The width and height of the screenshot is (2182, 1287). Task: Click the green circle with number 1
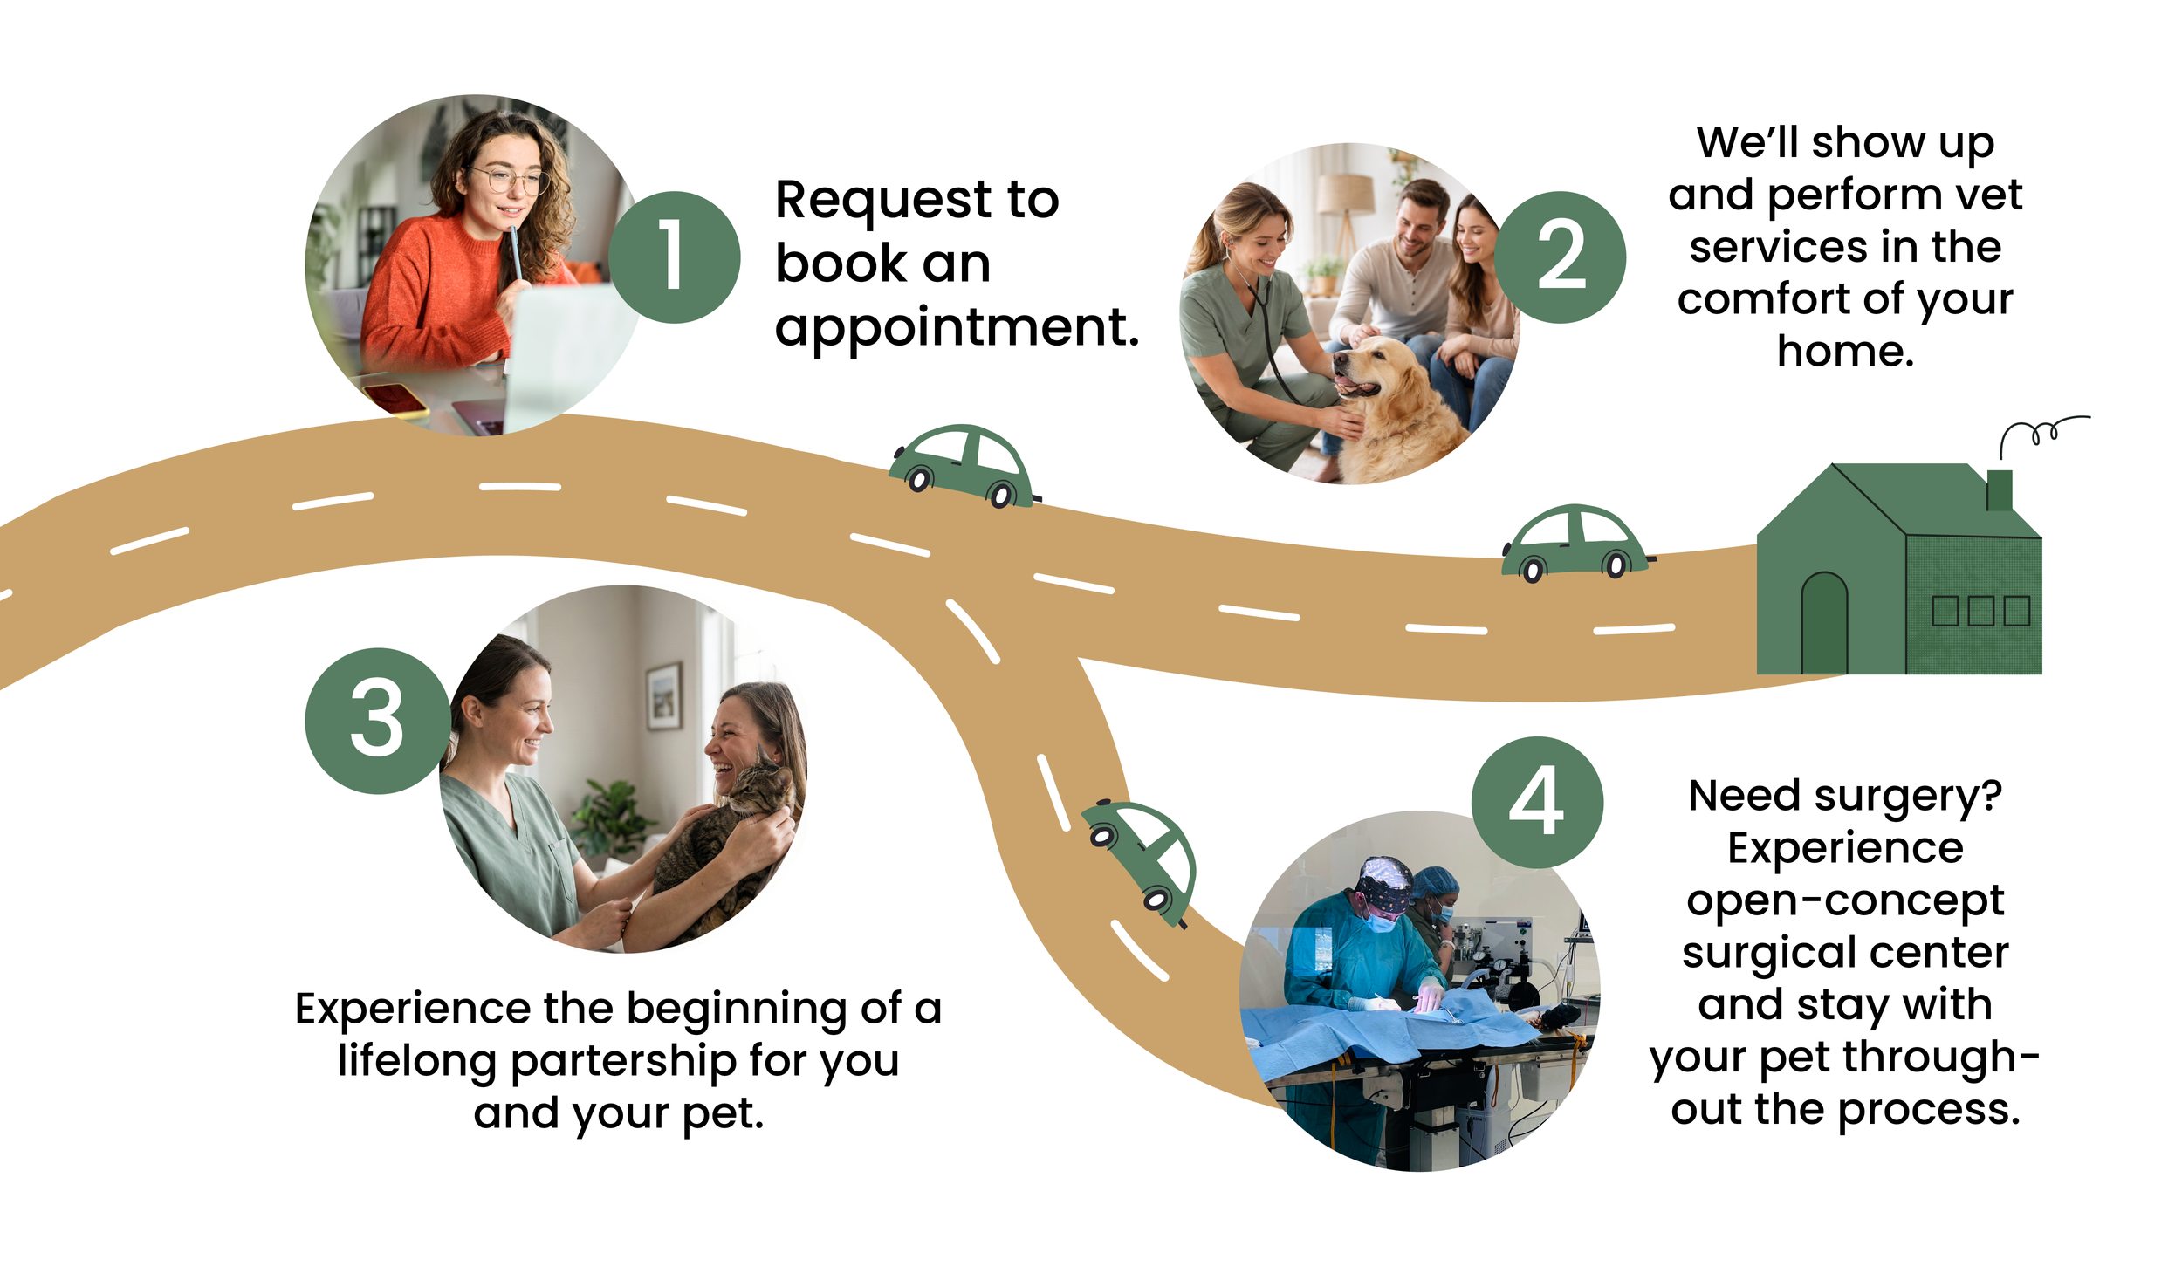point(674,257)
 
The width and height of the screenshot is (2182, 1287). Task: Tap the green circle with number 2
point(1560,257)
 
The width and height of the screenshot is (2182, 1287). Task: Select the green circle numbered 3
point(377,720)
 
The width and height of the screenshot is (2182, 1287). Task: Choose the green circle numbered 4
point(1536,801)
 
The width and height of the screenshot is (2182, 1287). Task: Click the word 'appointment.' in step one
point(957,327)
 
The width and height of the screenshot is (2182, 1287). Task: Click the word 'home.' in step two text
point(1845,351)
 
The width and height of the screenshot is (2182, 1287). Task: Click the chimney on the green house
point(1999,489)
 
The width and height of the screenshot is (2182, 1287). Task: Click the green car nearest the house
point(1574,543)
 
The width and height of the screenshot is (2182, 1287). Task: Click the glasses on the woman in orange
point(508,181)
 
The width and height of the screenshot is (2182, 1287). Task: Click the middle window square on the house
point(1980,611)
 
